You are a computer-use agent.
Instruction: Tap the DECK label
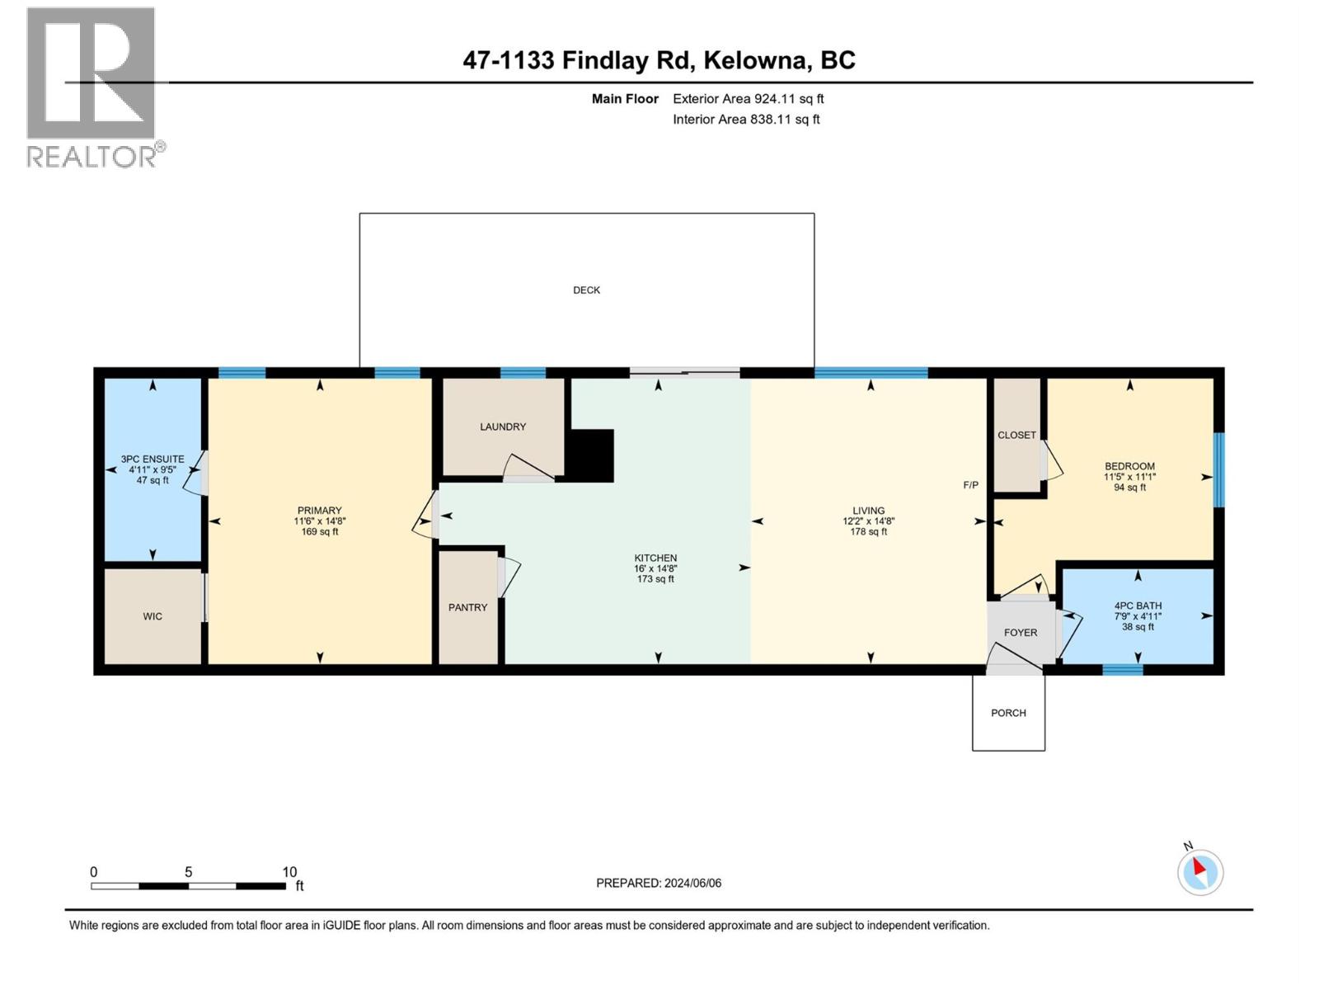586,290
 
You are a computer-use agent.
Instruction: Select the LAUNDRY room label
503,427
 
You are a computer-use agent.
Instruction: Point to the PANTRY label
467,607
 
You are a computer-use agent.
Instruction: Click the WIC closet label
153,616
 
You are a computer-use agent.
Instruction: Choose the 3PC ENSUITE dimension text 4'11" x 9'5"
153,469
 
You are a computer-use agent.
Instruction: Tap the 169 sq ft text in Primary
320,532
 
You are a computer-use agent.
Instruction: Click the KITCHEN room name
655,558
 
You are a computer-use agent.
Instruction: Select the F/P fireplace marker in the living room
971,485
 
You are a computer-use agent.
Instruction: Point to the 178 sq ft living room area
868,532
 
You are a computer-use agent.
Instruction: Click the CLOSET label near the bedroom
1016,435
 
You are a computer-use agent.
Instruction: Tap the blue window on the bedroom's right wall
1218,469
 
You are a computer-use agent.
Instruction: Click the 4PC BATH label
1138,606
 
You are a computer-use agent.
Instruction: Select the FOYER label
1021,633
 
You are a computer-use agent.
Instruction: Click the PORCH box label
1008,713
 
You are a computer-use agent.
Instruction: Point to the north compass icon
1199,872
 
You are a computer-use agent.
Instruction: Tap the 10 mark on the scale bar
289,872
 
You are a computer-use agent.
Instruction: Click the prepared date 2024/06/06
692,883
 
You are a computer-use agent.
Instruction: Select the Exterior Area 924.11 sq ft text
748,99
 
